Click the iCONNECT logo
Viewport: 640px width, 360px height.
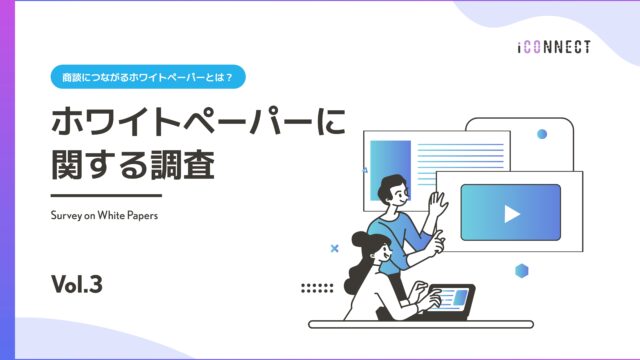[x=555, y=46]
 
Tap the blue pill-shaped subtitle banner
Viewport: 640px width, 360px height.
[x=149, y=75]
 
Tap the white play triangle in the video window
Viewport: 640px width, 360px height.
[x=511, y=213]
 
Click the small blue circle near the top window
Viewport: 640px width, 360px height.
[x=542, y=133]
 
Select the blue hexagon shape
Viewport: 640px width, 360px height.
[x=521, y=270]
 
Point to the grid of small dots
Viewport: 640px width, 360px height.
[x=317, y=288]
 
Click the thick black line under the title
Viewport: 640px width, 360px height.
[x=105, y=195]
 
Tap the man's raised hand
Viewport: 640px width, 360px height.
[x=437, y=206]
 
